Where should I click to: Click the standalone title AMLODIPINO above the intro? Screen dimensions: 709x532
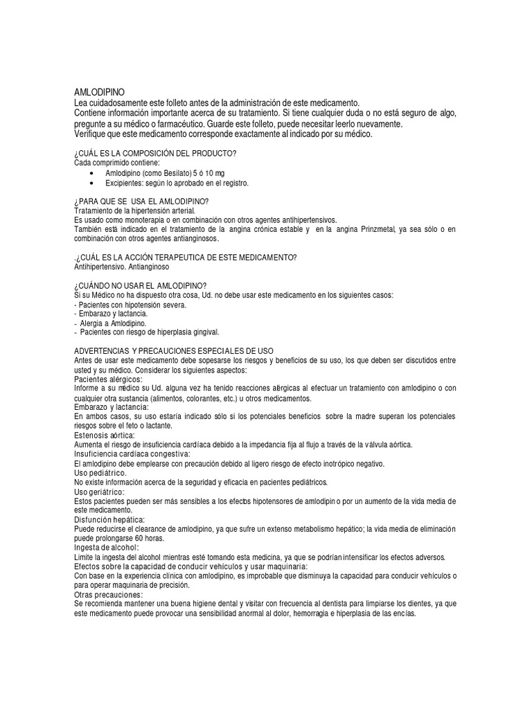[100, 92]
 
